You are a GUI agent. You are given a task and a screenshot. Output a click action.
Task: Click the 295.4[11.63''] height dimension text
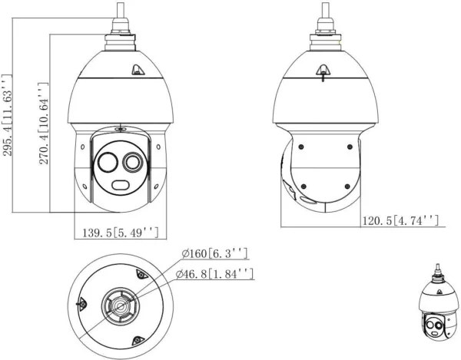[8, 115]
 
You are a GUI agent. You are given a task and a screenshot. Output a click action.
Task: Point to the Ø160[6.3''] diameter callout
[214, 253]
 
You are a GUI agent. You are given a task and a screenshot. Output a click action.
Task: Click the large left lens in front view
[108, 163]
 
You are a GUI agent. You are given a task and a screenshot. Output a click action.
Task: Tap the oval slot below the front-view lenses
[122, 184]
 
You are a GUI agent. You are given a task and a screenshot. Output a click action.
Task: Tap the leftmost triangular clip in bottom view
[80, 304]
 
